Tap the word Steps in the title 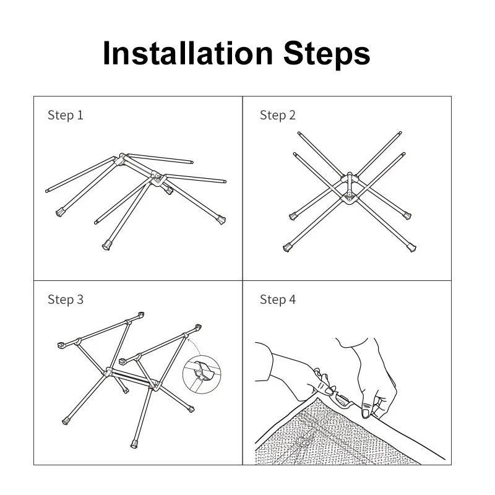pyautogui.click(x=327, y=54)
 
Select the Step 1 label pyautogui.click(x=65, y=115)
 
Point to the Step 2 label pyautogui.click(x=278, y=115)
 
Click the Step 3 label pyautogui.click(x=65, y=299)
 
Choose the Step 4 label pyautogui.click(x=278, y=299)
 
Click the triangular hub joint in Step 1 pyautogui.click(x=158, y=179)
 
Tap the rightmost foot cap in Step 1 pyautogui.click(x=221, y=219)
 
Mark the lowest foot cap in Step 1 pyautogui.click(x=106, y=246)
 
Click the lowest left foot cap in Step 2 pyautogui.click(x=288, y=247)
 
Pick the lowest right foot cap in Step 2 pyautogui.click(x=411, y=247)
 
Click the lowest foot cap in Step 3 pyautogui.click(x=134, y=443)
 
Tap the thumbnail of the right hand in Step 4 pyautogui.click(x=367, y=412)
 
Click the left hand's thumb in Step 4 pyautogui.click(x=322, y=388)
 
